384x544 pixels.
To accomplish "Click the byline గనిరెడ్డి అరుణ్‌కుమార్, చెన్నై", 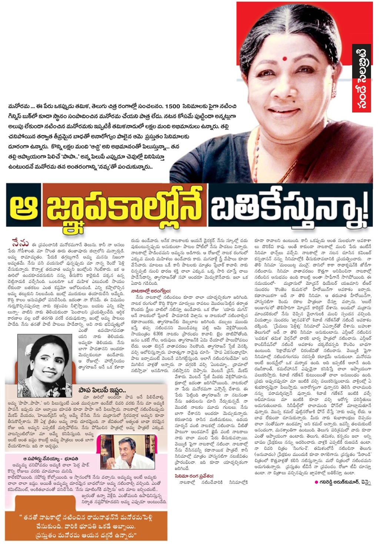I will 344,482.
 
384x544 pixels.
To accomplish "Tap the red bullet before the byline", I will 316,482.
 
